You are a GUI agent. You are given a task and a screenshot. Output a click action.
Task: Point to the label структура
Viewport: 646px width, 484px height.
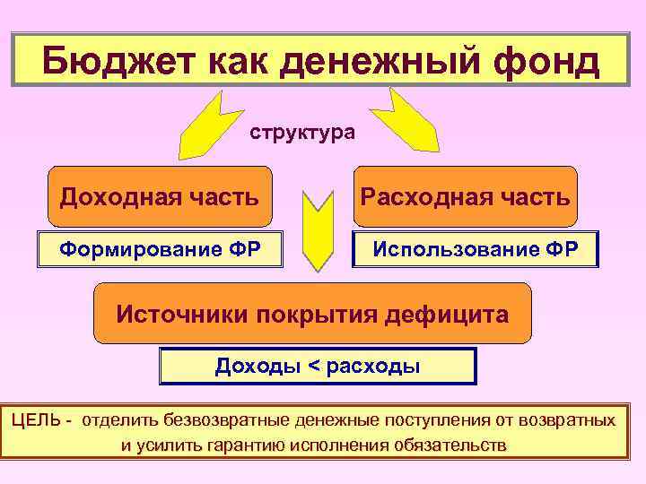tap(302, 133)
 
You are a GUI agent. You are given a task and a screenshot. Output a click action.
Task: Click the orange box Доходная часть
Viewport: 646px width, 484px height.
tap(160, 195)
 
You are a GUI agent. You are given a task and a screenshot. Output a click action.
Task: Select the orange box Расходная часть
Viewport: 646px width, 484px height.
tap(465, 195)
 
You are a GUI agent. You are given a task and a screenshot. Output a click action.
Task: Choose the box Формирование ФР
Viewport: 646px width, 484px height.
tap(160, 249)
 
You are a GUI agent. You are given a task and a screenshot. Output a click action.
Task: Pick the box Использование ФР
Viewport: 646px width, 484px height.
tap(476, 249)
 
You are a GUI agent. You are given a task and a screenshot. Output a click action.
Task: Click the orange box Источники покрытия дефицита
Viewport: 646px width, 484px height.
tap(312, 314)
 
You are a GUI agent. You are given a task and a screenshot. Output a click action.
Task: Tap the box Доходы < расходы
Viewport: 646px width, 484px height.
tap(318, 366)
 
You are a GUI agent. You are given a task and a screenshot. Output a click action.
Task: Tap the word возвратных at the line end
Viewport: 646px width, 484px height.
tap(572, 419)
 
